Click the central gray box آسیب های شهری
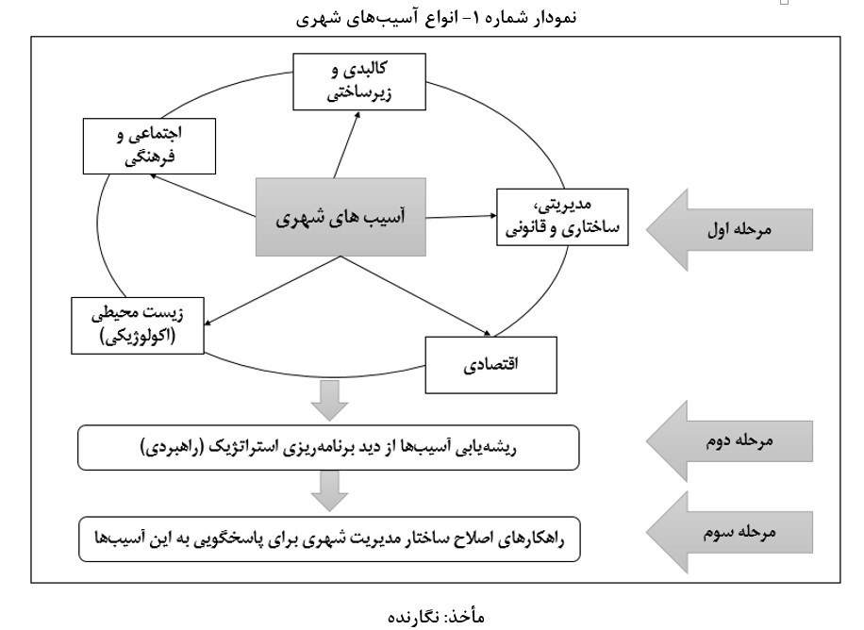tap(341, 217)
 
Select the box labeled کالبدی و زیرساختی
tap(359, 81)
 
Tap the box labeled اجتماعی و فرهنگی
tap(149, 146)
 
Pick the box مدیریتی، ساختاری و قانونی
tap(562, 217)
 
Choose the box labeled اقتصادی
tap(491, 365)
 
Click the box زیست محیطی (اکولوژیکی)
tap(138, 325)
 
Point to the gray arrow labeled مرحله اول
tap(729, 230)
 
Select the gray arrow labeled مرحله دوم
tap(729, 441)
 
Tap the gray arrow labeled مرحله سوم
tap(729, 533)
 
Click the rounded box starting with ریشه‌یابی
tap(328, 448)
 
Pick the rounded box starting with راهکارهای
tap(329, 539)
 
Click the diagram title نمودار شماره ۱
tap(437, 18)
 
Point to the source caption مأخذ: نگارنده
tap(437, 616)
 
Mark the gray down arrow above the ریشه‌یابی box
tap(329, 401)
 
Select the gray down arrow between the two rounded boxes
tap(329, 491)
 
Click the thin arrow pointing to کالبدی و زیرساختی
tap(346, 144)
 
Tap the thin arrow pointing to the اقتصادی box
tap(415, 295)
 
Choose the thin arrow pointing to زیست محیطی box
tap(273, 290)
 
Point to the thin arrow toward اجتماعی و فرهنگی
tap(203, 195)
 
